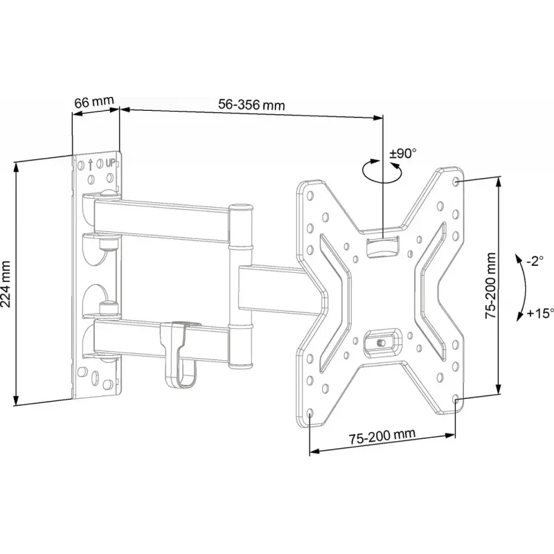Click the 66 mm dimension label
[93, 102]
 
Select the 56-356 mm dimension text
[251, 105]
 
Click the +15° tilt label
[537, 312]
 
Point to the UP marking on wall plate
[109, 164]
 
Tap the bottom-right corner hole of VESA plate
[454, 401]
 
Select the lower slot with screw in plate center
[382, 340]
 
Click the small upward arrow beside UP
[90, 165]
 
